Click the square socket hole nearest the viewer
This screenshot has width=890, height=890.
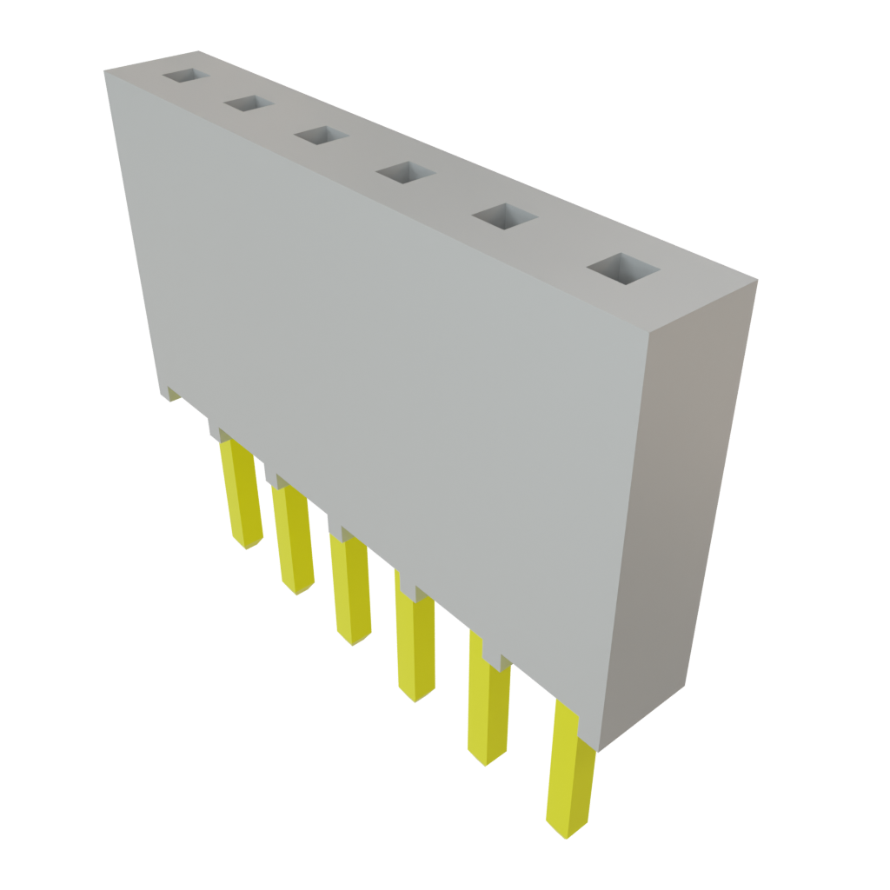[x=622, y=269]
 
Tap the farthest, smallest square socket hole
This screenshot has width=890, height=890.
[x=185, y=76]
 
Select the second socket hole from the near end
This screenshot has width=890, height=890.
[x=503, y=217]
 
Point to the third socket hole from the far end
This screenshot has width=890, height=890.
[x=321, y=136]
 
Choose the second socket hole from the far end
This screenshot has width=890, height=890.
[x=249, y=104]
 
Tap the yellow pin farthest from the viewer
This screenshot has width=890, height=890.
[x=242, y=495]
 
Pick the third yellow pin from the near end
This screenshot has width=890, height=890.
[x=415, y=643]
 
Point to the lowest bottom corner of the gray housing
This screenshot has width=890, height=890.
[x=598, y=749]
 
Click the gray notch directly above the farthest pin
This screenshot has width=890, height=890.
[x=217, y=431]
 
